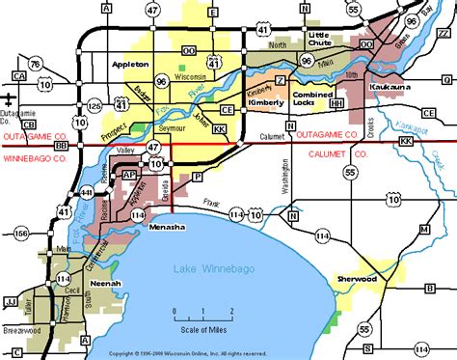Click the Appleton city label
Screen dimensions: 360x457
pos(131,64)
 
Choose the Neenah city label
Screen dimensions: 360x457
pos(105,285)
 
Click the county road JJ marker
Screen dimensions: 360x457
pos(11,301)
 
